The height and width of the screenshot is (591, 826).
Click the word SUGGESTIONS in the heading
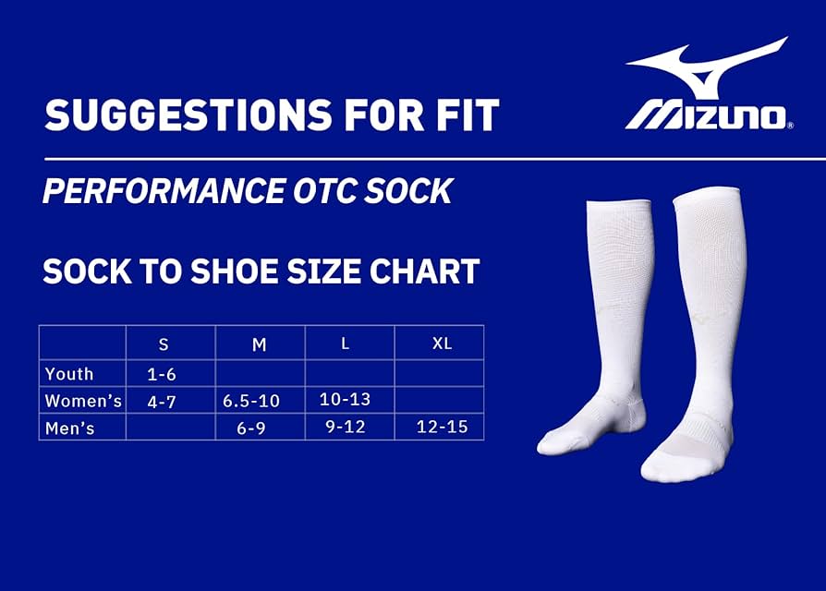tap(188, 115)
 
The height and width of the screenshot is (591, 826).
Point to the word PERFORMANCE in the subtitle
tap(164, 190)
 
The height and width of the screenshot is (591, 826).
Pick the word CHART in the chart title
tap(424, 271)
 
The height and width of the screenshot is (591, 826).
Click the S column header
tap(164, 344)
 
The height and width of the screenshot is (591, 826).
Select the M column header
tap(260, 344)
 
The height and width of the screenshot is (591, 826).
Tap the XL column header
tap(442, 344)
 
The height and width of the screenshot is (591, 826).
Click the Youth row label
tap(69, 374)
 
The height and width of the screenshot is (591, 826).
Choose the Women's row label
tap(83, 401)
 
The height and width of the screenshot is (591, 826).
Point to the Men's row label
tap(69, 428)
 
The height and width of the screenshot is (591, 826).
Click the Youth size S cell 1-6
tap(161, 374)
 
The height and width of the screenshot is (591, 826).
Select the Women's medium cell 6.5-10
tap(250, 401)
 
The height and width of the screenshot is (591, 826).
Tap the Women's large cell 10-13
tap(345, 400)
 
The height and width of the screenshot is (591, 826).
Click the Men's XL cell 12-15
tap(442, 427)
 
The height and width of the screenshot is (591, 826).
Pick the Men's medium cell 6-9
tap(250, 428)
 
